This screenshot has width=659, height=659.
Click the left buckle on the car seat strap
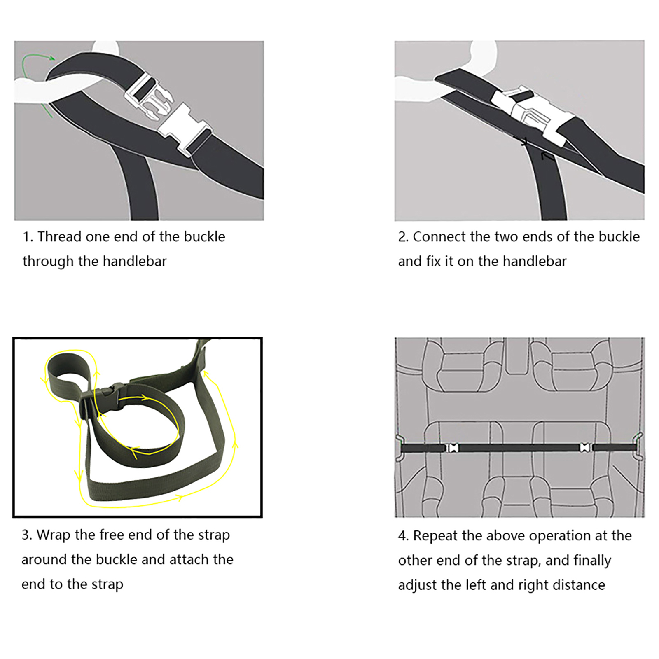(453, 448)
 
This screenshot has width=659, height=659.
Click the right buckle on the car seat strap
(585, 448)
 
